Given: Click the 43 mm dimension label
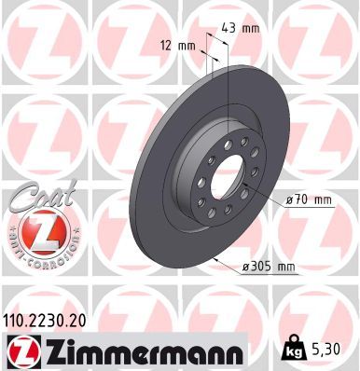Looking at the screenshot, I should [238, 29].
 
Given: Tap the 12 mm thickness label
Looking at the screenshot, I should [179, 45].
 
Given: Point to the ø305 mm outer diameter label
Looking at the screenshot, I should [268, 268].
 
